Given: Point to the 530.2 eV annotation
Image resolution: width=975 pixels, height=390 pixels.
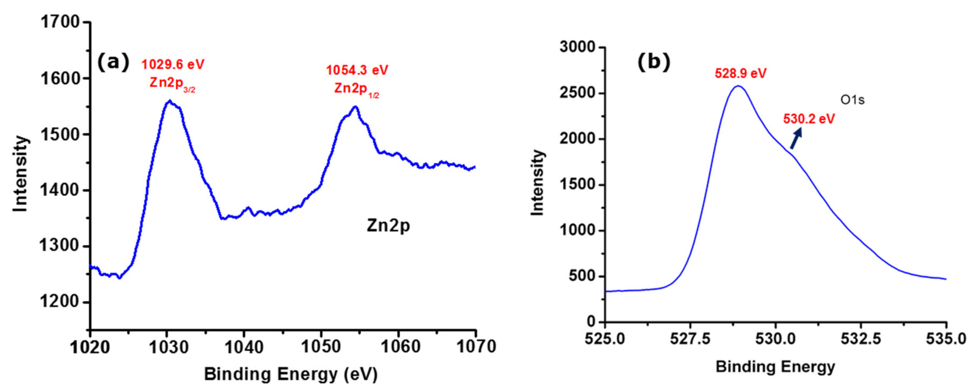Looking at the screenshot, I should [809, 119].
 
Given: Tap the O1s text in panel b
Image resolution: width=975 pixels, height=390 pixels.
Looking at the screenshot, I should [852, 100].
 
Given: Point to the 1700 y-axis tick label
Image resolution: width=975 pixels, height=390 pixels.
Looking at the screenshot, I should [60, 23].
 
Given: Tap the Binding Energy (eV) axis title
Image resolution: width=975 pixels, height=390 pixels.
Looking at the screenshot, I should [291, 374].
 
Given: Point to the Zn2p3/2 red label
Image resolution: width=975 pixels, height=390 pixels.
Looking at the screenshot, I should [172, 83].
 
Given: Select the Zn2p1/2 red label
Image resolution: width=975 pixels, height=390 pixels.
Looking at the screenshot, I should [356, 89].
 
